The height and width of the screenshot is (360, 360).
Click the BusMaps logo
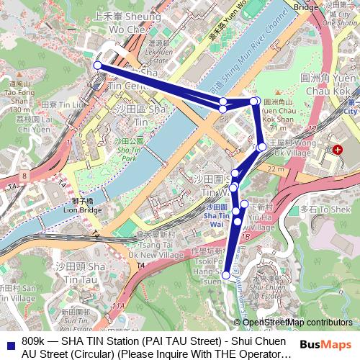326,345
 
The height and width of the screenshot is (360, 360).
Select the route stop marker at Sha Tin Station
97,66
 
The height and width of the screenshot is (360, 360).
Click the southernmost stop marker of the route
226,275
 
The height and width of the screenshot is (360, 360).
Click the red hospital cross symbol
338,149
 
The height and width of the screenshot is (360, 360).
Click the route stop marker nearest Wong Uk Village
261,147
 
